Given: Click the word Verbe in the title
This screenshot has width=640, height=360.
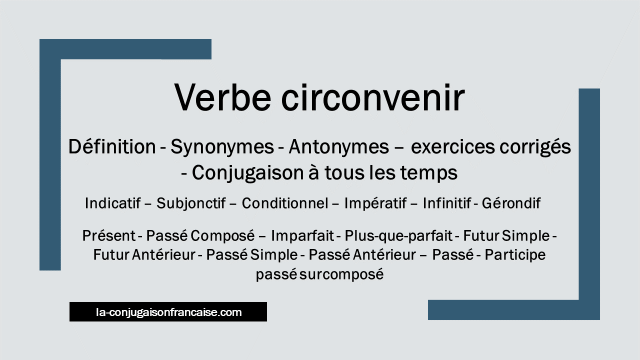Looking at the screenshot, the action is point(222,97).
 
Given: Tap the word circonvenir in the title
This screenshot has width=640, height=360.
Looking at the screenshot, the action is point(373,97).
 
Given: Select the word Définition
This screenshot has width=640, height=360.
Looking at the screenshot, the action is point(112,147).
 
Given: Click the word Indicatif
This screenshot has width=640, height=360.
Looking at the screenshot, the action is point(113,203).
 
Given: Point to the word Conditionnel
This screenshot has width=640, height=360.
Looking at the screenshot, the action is point(285,203).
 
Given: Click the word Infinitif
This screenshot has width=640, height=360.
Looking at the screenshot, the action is point(447,203).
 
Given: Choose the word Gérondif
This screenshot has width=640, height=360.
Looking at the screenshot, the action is point(511,203).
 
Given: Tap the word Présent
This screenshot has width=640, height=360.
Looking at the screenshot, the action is point(109,235).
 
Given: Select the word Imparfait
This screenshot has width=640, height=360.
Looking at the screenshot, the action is point(302,236).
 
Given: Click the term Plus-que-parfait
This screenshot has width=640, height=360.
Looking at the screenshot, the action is point(398,236).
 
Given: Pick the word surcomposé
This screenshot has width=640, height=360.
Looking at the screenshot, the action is point(341,275).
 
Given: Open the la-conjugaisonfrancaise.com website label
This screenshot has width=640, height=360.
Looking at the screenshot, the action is point(169,312).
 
